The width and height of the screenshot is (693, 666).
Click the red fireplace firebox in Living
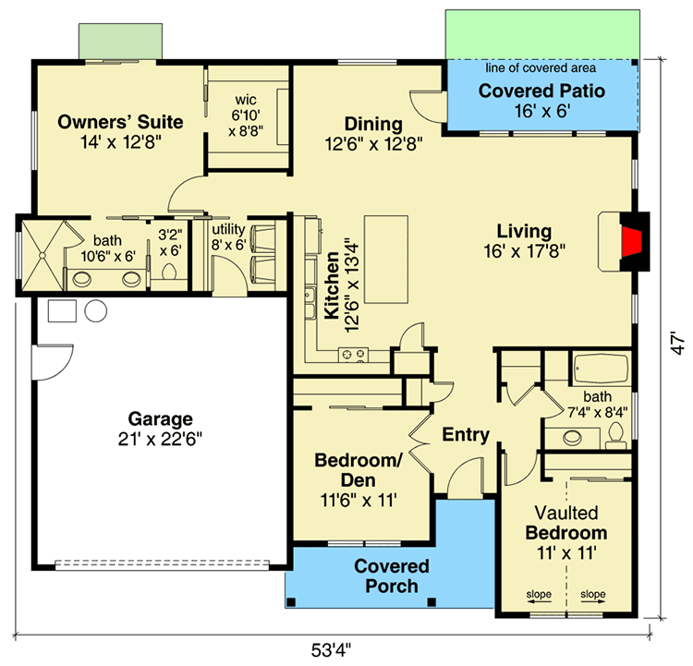tap(631, 241)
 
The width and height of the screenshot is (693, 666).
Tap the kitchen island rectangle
tap(386, 259)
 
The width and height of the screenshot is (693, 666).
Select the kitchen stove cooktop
tap(353, 355)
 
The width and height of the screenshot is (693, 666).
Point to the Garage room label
tap(160, 418)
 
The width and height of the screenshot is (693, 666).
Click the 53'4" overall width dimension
tap(331, 650)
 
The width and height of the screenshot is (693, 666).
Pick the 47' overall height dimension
tap(677, 343)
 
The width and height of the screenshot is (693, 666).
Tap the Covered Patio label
tap(541, 91)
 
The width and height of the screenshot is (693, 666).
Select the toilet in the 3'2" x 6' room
tap(169, 271)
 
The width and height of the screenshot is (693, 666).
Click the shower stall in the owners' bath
tap(43, 256)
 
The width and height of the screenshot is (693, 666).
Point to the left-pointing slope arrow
tap(539, 601)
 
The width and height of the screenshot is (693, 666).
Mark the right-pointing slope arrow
tap(592, 601)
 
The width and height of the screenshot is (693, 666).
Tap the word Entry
tap(466, 434)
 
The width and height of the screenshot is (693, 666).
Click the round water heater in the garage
tap(95, 310)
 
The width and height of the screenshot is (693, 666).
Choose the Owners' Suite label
tap(120, 122)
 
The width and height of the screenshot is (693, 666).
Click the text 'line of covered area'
tap(541, 67)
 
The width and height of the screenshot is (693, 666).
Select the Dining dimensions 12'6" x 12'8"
tap(373, 143)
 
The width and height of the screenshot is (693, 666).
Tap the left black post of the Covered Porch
tap(290, 602)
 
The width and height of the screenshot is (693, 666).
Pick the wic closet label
tap(246, 100)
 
